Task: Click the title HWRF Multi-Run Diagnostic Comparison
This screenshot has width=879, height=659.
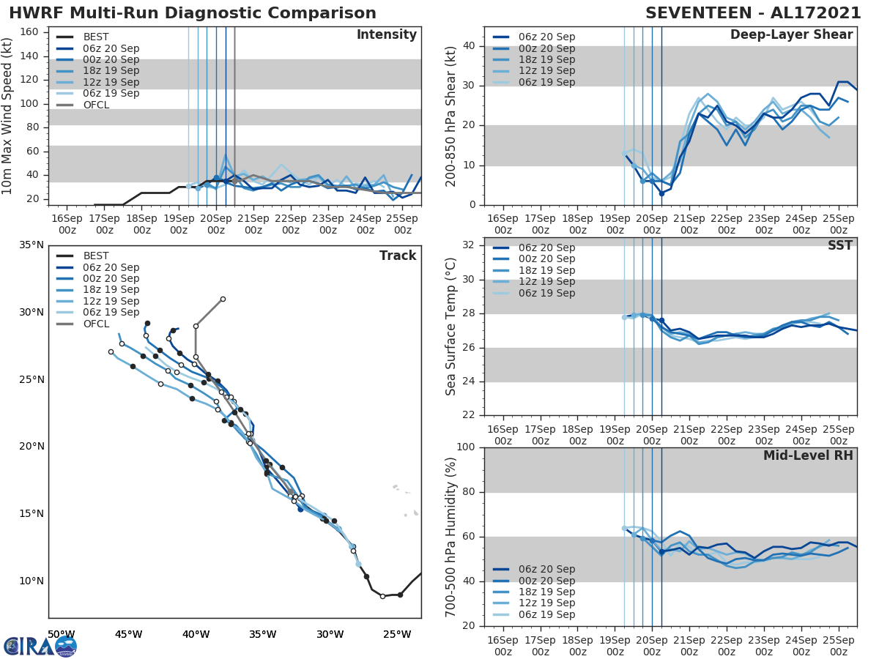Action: [x=193, y=13]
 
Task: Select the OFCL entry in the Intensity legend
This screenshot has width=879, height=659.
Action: [x=96, y=105]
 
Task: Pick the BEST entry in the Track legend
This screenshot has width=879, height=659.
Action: [x=96, y=256]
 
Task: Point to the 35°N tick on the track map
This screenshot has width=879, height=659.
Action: [x=31, y=245]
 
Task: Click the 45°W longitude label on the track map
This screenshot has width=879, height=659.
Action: [x=128, y=634]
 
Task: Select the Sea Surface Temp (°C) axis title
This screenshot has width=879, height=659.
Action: [x=451, y=327]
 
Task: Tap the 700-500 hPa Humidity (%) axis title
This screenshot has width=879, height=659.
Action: [x=451, y=536]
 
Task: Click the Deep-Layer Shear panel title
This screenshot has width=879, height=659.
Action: [x=791, y=35]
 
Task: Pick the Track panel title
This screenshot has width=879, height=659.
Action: [x=397, y=256]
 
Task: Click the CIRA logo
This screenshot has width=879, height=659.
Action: [x=40, y=646]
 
